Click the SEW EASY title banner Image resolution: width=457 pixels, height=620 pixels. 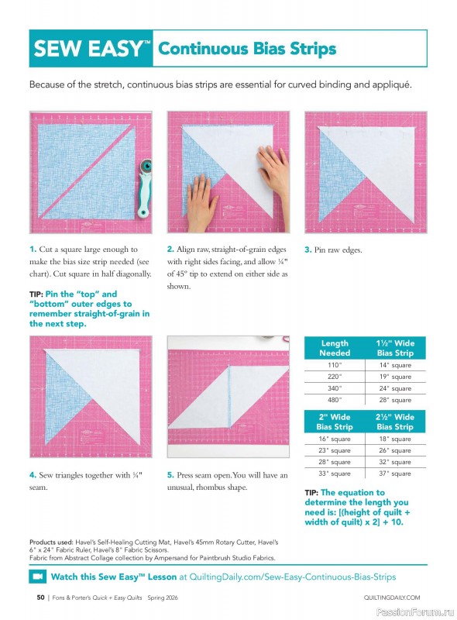coord(91,50)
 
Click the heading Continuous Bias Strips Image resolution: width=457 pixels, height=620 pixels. coord(247,49)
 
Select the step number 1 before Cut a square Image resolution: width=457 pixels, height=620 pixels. coord(33,250)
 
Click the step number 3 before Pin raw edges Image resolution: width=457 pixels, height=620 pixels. coord(308,250)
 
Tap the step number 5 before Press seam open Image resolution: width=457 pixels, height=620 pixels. coord(170,474)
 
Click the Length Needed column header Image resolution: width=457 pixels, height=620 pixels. coord(334,347)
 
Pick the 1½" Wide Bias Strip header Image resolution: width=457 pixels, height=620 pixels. coord(395,347)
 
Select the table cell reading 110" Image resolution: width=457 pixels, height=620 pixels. coord(334,364)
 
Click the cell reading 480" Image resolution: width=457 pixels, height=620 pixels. coord(334,400)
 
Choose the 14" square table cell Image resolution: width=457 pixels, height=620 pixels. coord(395,364)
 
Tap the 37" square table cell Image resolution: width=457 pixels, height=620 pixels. coord(395,474)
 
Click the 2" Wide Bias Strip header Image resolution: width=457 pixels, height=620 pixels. coord(334,422)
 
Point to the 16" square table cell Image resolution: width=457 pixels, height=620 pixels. coord(334,439)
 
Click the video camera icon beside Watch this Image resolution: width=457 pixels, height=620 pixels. coord(37,577)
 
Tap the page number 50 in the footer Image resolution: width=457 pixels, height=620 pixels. coord(40,598)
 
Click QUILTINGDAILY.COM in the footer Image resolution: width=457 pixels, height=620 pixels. coord(391,598)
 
